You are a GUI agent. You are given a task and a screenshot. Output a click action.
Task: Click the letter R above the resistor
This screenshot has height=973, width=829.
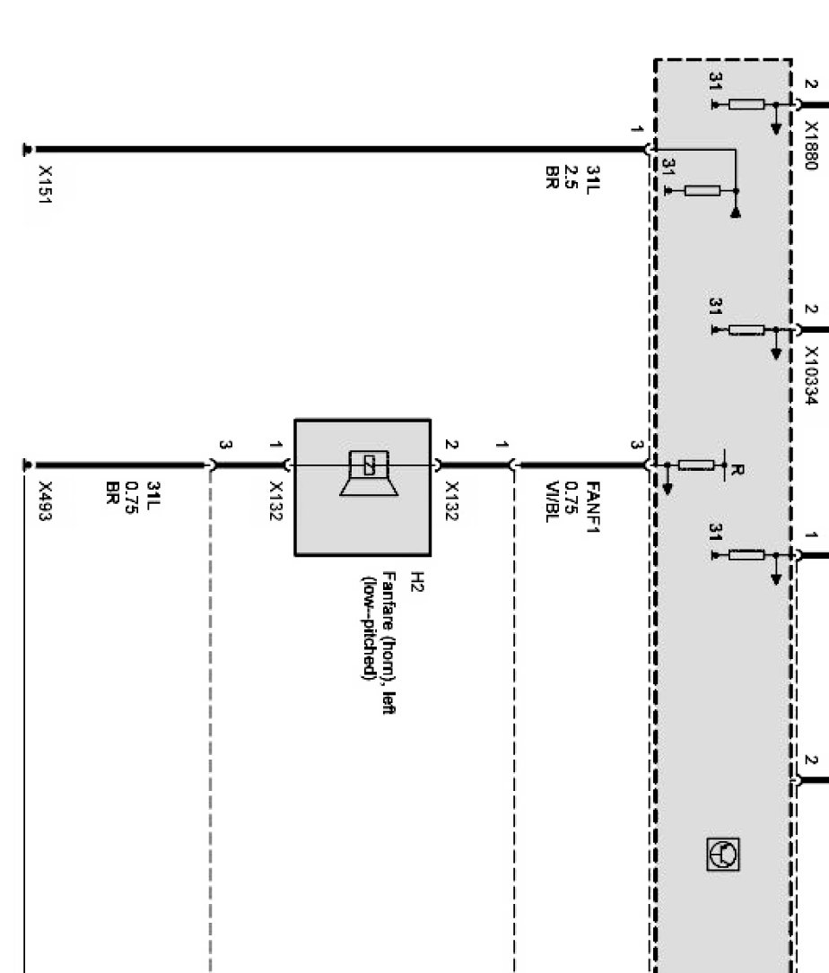point(736,470)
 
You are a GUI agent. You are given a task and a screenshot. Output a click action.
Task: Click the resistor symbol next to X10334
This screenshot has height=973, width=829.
point(746,330)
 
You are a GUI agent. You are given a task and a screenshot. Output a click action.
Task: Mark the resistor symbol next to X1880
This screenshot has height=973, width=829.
point(746,105)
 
